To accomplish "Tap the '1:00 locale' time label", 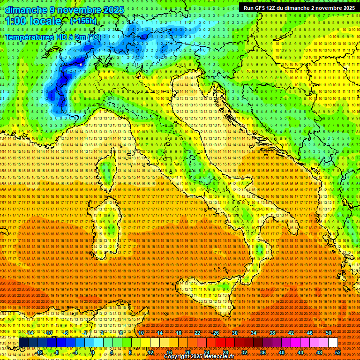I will (33, 22).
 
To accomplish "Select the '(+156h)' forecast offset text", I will (83, 21).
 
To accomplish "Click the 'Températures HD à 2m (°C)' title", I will (52, 37).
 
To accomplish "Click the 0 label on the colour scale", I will (93, 352).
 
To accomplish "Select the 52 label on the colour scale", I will (337, 352).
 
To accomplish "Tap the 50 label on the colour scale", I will (328, 333).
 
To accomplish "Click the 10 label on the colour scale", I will (141, 333).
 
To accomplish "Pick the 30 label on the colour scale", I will (234, 333).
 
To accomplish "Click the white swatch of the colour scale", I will (333, 343).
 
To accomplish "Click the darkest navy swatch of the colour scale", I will (23, 343).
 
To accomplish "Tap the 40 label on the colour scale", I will (281, 352).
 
